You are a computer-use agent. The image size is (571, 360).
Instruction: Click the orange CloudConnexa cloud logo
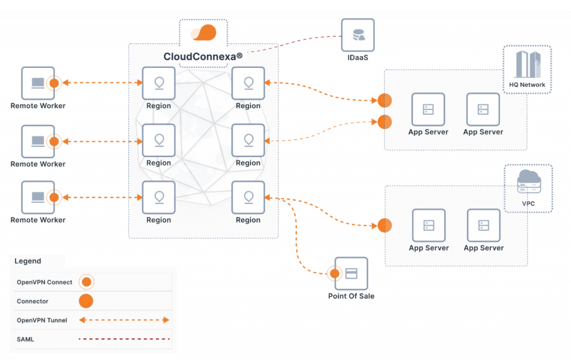tap(204, 33)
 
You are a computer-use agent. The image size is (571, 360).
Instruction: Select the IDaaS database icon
tap(358, 35)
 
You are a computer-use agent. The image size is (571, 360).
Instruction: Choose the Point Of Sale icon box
tap(351, 274)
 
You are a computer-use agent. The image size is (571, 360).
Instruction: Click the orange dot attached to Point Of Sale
tap(335, 274)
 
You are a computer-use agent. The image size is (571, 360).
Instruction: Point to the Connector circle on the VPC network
tap(385, 226)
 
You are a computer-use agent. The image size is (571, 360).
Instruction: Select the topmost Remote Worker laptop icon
tap(38, 84)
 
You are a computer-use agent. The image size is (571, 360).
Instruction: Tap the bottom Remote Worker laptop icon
tap(38, 197)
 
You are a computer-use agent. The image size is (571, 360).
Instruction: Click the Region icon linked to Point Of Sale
tap(248, 197)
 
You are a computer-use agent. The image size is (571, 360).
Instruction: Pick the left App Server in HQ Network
tap(428, 109)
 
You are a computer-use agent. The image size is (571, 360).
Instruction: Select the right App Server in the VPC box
tap(483, 225)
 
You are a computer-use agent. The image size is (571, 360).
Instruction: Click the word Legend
tap(27, 261)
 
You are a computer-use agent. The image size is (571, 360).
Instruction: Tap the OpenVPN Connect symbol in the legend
tap(86, 282)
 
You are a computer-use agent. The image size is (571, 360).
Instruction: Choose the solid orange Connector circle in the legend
tap(86, 301)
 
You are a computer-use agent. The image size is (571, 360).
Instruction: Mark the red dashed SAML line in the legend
tap(124, 339)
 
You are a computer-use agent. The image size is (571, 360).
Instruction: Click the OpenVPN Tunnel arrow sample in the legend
tap(124, 320)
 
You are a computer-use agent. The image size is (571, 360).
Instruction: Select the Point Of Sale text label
tap(351, 296)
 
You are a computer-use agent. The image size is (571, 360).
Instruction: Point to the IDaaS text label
tap(358, 58)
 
